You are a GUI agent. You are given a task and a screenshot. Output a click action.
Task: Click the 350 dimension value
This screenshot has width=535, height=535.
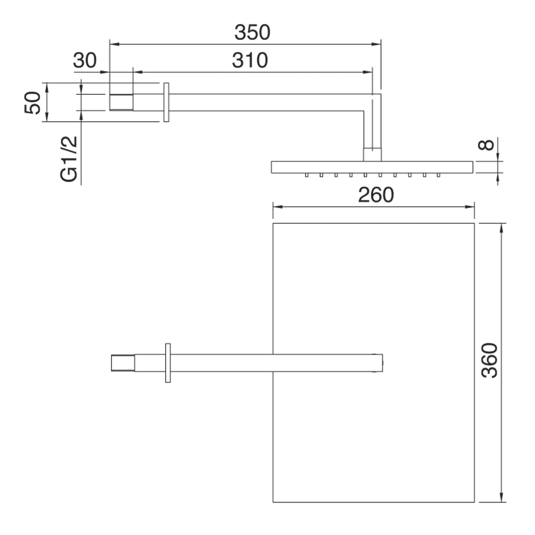252,32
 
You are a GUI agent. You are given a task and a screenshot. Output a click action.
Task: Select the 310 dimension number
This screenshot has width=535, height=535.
250,60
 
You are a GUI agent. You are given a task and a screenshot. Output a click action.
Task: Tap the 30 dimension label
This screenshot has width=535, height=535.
85,60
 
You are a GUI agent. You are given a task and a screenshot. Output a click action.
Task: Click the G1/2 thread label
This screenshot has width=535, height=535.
69,159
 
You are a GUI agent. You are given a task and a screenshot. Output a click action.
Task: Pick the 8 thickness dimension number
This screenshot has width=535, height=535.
486,145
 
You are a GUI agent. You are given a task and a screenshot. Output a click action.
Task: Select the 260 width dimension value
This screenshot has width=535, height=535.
376,195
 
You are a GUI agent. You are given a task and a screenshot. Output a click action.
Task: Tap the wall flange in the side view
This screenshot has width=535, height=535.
166,102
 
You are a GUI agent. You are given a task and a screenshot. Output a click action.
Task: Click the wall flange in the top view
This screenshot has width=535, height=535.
168,363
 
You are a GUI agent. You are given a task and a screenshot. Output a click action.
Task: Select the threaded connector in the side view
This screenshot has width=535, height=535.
121,102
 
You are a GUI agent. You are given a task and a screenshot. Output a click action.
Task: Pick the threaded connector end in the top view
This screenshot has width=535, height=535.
123,363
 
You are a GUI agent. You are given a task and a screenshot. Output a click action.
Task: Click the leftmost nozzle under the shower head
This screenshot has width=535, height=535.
307,175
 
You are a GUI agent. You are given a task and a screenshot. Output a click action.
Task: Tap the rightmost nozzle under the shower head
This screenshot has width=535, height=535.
438,175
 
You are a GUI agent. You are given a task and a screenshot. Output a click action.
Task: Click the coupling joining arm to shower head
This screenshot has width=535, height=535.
372,155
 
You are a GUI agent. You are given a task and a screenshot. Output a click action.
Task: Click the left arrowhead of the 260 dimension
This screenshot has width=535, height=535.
277,207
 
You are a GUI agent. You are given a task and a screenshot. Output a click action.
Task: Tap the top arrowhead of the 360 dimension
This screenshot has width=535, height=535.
502,228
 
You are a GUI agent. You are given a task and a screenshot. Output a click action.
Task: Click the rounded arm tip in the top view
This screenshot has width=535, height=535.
380,363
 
